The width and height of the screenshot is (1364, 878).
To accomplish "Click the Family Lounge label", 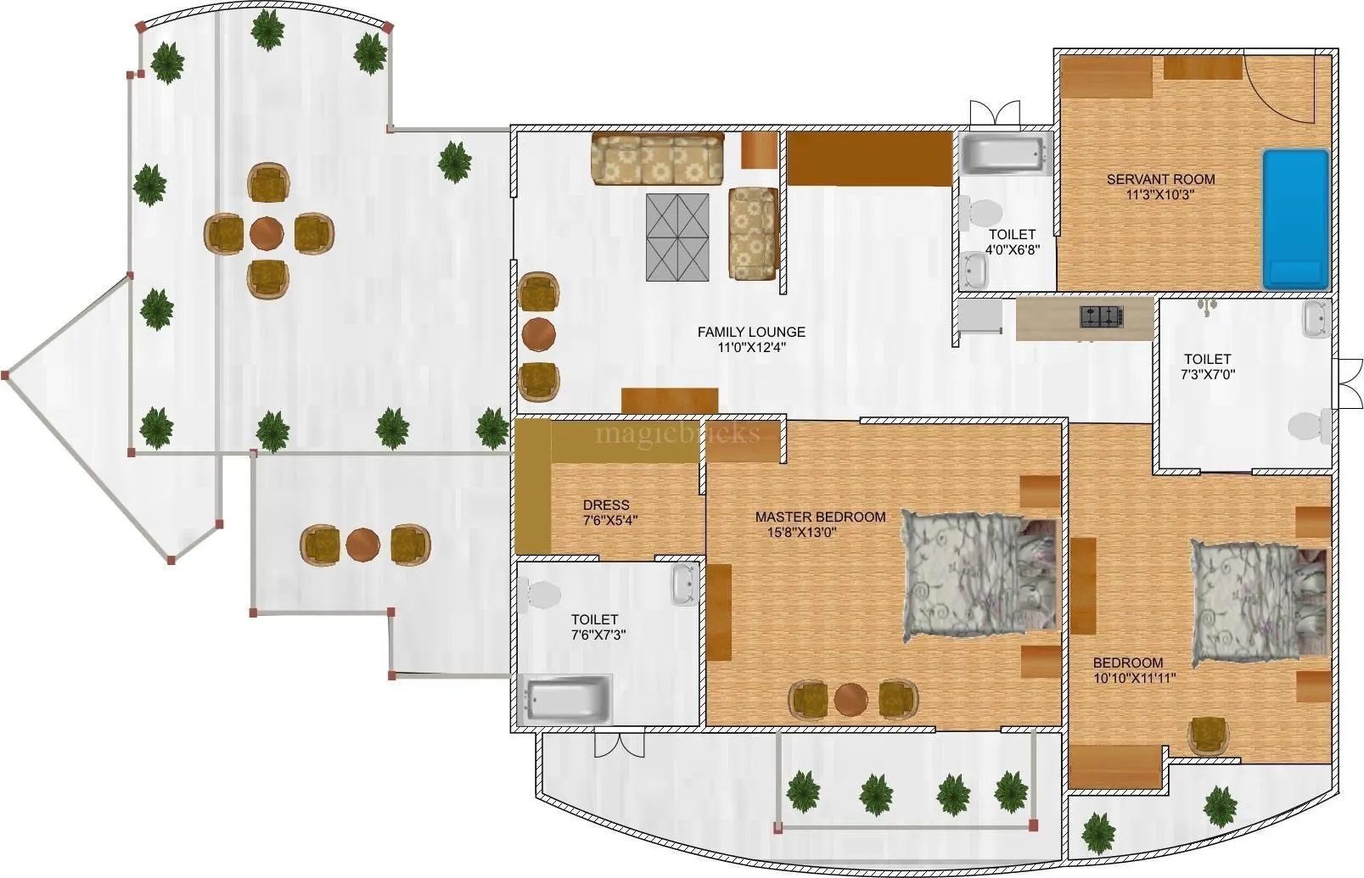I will [x=751, y=332].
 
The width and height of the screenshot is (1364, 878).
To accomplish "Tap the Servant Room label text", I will [x=1160, y=179].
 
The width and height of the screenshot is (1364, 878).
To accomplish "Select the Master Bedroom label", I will [x=820, y=517].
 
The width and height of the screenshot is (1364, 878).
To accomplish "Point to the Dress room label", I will [x=606, y=506].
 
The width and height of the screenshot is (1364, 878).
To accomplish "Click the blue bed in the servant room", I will [x=1295, y=219].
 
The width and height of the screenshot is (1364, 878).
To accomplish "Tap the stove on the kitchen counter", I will [x=1102, y=317].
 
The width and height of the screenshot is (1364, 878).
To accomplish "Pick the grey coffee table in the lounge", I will [x=676, y=237].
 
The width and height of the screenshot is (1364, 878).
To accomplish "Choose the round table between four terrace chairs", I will [x=267, y=232].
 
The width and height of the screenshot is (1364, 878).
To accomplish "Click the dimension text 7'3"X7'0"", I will [x=1208, y=373].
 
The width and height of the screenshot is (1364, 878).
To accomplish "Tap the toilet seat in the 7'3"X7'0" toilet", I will [x=1307, y=426].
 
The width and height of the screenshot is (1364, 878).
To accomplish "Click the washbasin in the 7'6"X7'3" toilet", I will [x=684, y=584].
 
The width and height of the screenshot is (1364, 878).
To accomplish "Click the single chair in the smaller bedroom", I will [x=1207, y=734].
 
